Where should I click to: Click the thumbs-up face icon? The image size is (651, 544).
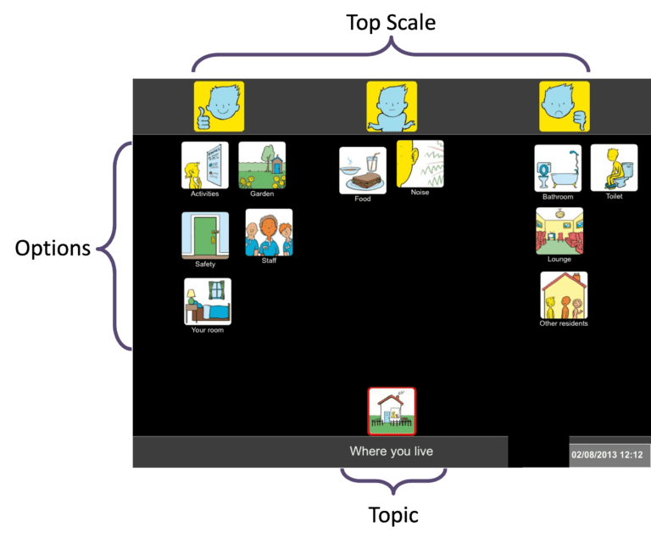[x=219, y=106]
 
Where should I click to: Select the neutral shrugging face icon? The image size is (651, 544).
[x=392, y=106]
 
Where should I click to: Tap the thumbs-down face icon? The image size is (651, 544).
[x=565, y=106]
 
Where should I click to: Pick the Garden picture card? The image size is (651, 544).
[x=262, y=165]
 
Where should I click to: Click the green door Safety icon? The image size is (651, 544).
[x=205, y=235]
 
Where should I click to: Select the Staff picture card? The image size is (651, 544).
[x=269, y=233]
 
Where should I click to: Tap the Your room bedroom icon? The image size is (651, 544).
[x=208, y=301]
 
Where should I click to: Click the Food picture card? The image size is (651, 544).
[x=363, y=171]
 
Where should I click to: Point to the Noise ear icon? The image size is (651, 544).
[x=420, y=164]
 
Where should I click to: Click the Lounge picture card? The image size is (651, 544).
[x=559, y=231]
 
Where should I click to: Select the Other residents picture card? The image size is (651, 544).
[x=564, y=294]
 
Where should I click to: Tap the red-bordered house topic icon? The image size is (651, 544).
[x=392, y=411]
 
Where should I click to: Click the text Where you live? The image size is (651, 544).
[x=392, y=451]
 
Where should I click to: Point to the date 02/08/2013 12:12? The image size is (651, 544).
[x=607, y=455]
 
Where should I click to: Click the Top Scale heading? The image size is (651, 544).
[x=391, y=23]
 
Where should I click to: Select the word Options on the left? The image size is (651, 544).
[x=53, y=249]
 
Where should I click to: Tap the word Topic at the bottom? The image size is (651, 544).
[x=393, y=514]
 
